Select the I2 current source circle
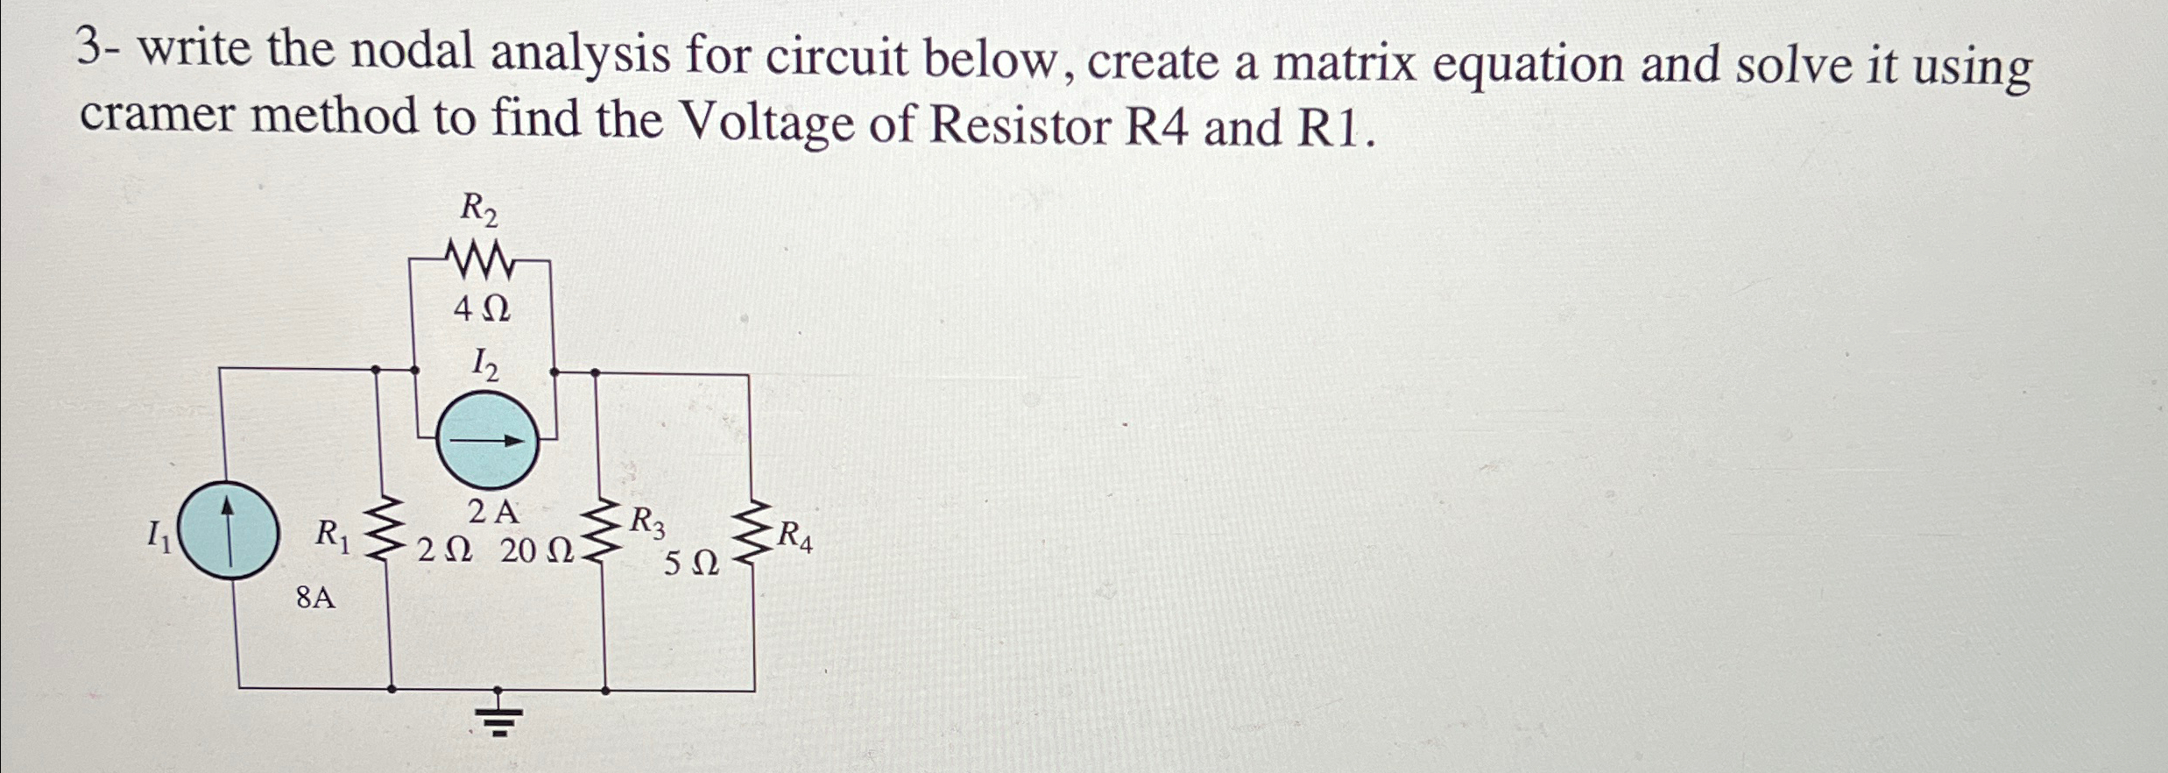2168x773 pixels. [x=488, y=440]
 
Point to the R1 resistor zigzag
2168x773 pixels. [x=384, y=529]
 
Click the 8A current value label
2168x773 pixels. [x=315, y=599]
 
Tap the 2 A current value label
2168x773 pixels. [x=493, y=512]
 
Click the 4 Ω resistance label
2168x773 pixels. [x=481, y=309]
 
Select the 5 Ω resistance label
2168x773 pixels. [x=691, y=564]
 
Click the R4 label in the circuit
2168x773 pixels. [x=795, y=536]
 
